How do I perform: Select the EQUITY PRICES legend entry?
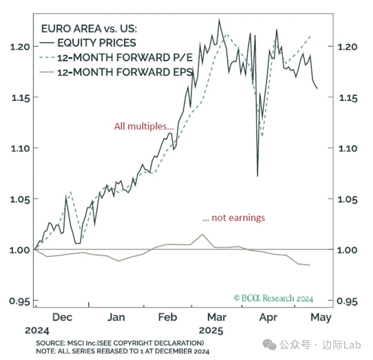(96, 42)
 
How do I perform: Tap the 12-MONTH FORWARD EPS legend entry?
(125, 72)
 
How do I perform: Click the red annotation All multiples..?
(144, 126)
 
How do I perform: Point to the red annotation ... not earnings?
(233, 218)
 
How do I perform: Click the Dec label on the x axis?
(63, 317)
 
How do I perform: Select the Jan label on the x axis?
(116, 317)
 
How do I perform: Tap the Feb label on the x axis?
(168, 317)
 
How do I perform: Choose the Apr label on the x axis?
(268, 317)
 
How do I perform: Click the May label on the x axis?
(321, 317)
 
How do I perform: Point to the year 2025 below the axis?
(211, 331)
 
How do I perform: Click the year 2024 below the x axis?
(37, 331)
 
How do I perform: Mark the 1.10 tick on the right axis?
(351, 149)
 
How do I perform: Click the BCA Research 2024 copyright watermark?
(273, 298)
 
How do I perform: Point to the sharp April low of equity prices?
(257, 176)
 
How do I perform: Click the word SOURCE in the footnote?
(49, 343)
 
